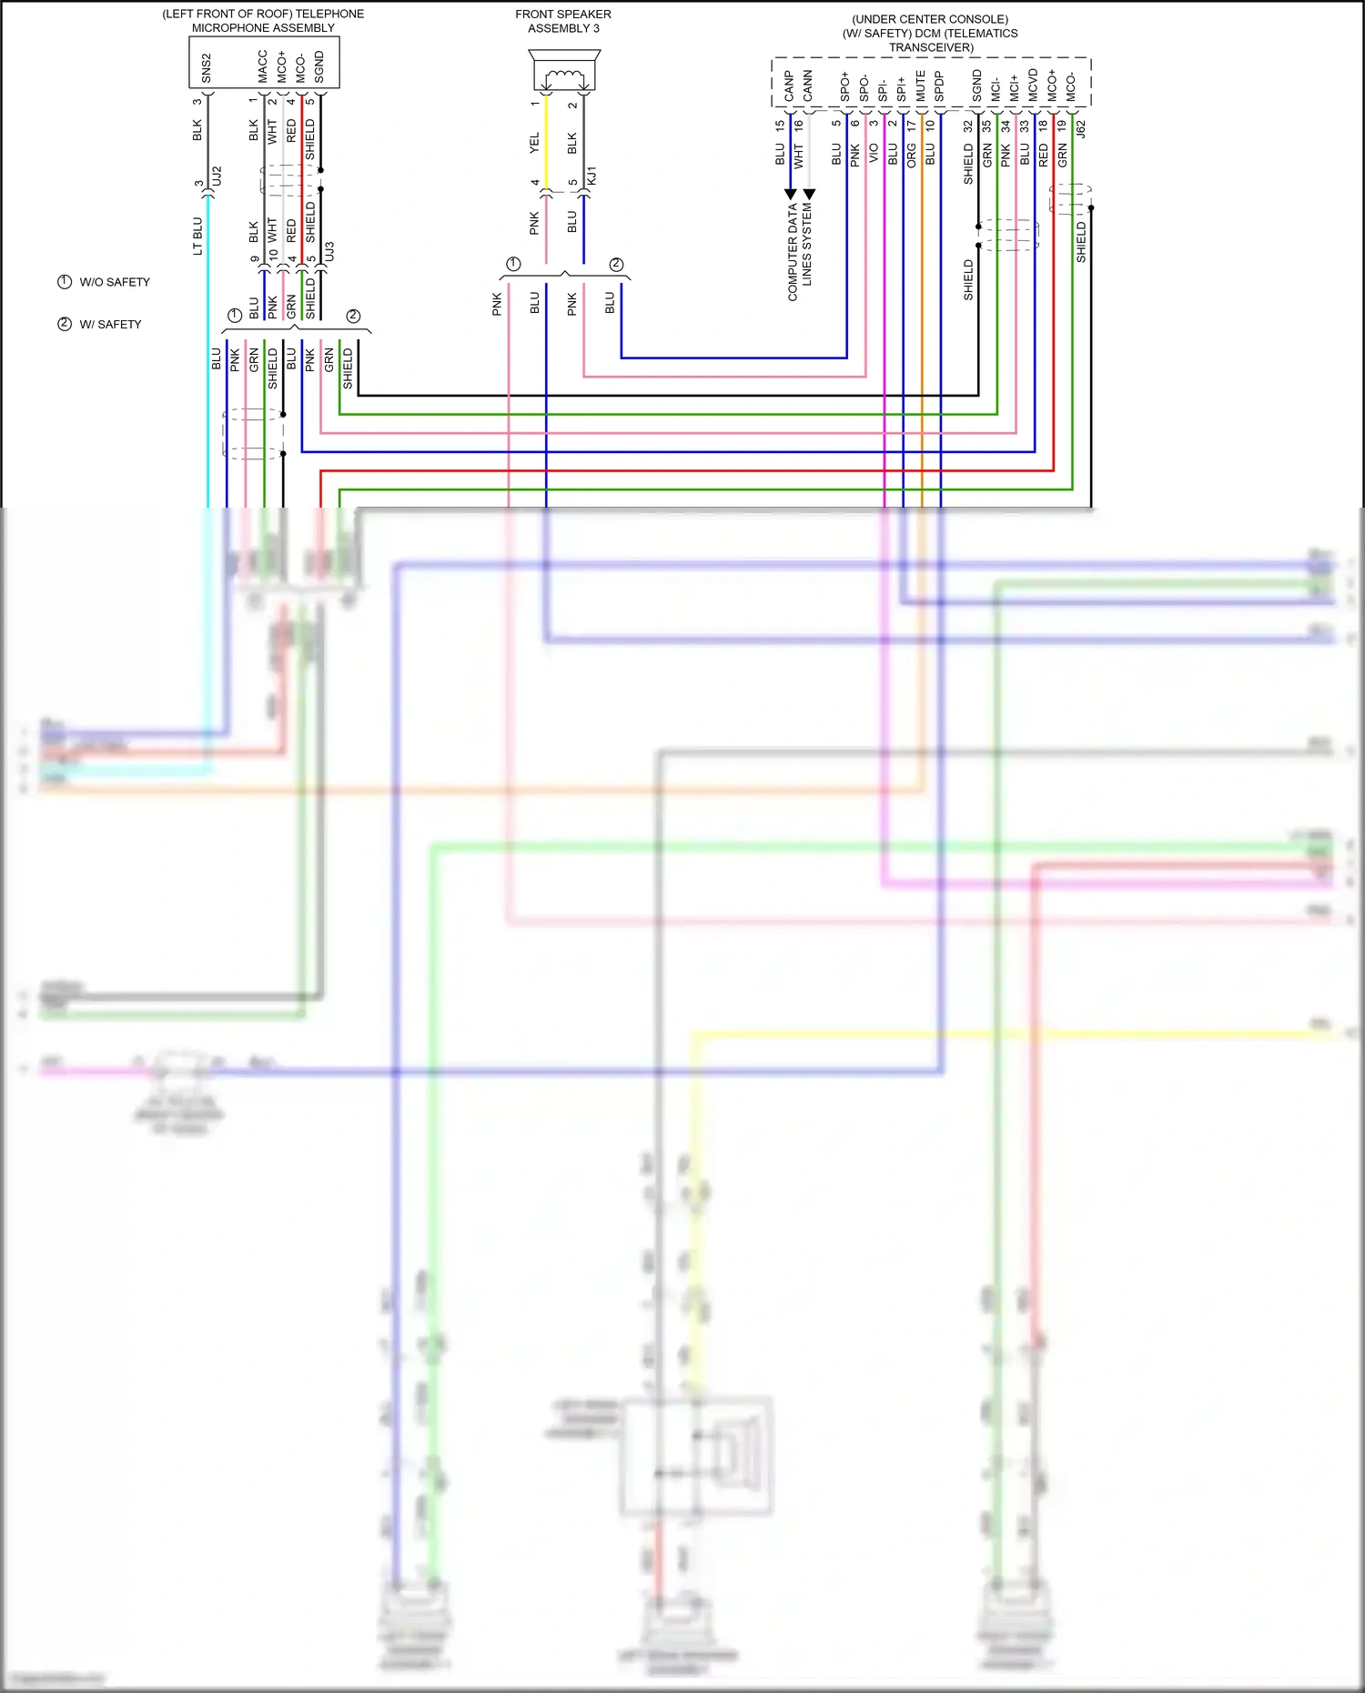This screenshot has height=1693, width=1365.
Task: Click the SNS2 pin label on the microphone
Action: pyautogui.click(x=207, y=68)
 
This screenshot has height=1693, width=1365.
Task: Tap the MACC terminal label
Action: pyautogui.click(x=262, y=67)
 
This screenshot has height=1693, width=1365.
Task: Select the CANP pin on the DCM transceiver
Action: pyautogui.click(x=789, y=86)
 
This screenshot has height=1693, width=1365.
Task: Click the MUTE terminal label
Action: pyautogui.click(x=920, y=86)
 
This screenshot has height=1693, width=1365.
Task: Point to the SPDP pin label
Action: pyautogui.click(x=939, y=86)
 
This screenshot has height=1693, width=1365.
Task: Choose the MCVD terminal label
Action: pyautogui.click(x=1033, y=85)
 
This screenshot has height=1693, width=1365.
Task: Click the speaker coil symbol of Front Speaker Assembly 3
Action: pyautogui.click(x=563, y=76)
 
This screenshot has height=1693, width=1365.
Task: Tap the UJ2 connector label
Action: pyautogui.click(x=217, y=176)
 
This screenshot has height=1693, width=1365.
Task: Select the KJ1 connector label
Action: pyautogui.click(x=591, y=176)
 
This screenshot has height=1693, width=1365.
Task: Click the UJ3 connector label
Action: pyautogui.click(x=329, y=251)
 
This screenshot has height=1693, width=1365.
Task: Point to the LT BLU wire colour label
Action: pyautogui.click(x=197, y=236)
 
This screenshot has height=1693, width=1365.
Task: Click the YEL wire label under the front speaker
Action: pyautogui.click(x=534, y=143)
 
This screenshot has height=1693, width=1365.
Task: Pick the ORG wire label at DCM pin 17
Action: pyautogui.click(x=911, y=156)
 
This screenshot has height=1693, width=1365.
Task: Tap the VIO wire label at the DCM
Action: pyautogui.click(x=874, y=153)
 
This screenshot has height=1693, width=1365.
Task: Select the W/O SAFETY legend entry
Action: pyautogui.click(x=104, y=282)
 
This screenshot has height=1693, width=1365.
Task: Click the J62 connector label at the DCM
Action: pyautogui.click(x=1081, y=129)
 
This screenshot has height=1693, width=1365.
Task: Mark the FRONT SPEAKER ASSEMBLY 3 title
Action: pyautogui.click(x=563, y=21)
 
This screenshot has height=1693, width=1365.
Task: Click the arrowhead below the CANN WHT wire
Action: pyautogui.click(x=809, y=195)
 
